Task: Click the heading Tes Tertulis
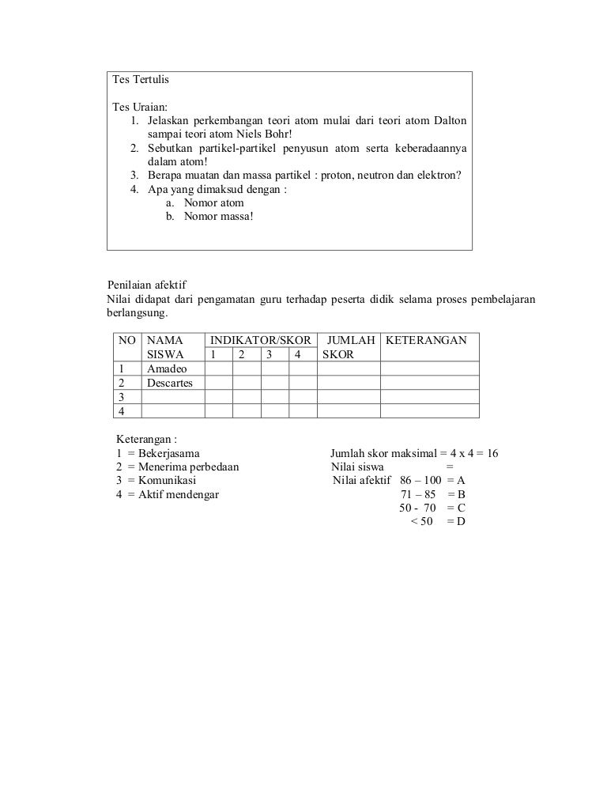141,81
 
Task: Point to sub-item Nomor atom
213,202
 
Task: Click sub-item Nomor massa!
219,216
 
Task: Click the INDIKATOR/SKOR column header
260,341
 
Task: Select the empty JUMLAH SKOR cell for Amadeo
349,369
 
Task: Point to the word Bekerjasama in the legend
168,453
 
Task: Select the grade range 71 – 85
417,494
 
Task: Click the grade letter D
461,522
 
